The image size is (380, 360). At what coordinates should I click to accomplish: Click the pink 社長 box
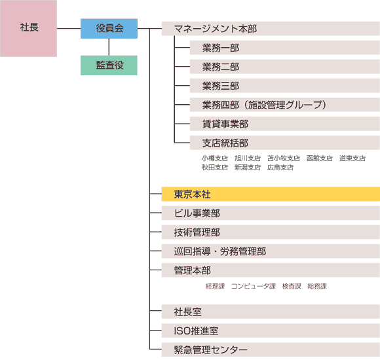pyautogui.click(x=28, y=28)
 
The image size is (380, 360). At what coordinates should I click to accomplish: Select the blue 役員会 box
pyautogui.click(x=109, y=29)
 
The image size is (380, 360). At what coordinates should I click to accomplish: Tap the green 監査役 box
pyautogui.click(x=109, y=65)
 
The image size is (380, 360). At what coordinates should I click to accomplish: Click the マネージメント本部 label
pyautogui.click(x=216, y=29)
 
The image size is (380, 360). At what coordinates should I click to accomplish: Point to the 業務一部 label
pyautogui.click(x=221, y=48)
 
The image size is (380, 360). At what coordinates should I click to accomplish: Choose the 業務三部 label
pyautogui.click(x=221, y=86)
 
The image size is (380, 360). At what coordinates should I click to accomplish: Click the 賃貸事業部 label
pyautogui.click(x=225, y=124)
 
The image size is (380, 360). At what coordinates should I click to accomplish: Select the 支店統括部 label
pyautogui.click(x=225, y=143)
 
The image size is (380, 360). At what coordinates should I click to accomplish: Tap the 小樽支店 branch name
pyautogui.click(x=215, y=158)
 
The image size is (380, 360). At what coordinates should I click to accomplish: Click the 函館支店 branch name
pyautogui.click(x=320, y=158)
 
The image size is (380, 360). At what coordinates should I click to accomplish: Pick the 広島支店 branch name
pyautogui.click(x=280, y=168)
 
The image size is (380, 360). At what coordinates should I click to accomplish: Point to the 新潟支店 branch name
pyautogui.click(x=248, y=168)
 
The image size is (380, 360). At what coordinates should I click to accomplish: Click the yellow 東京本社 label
pyautogui.click(x=192, y=194)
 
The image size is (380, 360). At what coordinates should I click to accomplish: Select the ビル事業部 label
pyautogui.click(x=197, y=213)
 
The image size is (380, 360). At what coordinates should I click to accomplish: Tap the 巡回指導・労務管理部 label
pyautogui.click(x=220, y=251)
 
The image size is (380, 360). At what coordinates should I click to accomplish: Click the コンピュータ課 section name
pyautogui.click(x=254, y=286)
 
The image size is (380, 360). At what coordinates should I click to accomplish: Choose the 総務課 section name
pyautogui.click(x=317, y=286)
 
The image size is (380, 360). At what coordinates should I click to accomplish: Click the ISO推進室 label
pyautogui.click(x=196, y=331)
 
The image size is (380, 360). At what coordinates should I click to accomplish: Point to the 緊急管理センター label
pyautogui.click(x=211, y=350)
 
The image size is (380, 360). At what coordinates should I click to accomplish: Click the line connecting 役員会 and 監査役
pyautogui.click(x=109, y=47)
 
